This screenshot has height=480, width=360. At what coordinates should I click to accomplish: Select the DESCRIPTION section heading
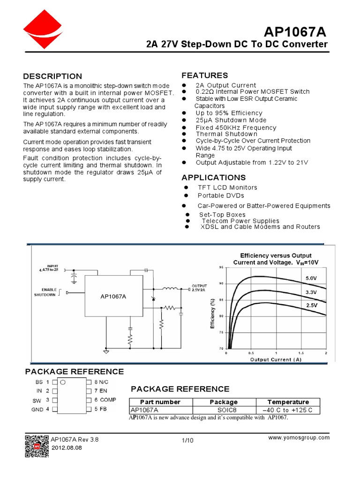[52, 76]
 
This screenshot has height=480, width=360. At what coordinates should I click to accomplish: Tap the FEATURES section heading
[205, 75]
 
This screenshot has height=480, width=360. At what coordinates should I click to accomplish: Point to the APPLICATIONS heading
[213, 177]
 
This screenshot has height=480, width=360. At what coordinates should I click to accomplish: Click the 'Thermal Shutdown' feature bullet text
[227, 134]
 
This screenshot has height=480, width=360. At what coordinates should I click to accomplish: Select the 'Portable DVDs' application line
[221, 195]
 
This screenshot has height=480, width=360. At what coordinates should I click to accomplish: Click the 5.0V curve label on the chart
[312, 278]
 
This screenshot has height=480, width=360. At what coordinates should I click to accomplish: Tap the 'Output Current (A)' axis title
[276, 360]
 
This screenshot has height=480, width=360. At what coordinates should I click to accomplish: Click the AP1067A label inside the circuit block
[114, 297]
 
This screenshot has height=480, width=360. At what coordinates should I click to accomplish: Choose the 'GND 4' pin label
[40, 409]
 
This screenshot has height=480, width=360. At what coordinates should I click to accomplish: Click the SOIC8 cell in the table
[224, 410]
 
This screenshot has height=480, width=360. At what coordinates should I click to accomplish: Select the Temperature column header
[288, 402]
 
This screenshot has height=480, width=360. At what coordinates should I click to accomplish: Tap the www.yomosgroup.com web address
[299, 437]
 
